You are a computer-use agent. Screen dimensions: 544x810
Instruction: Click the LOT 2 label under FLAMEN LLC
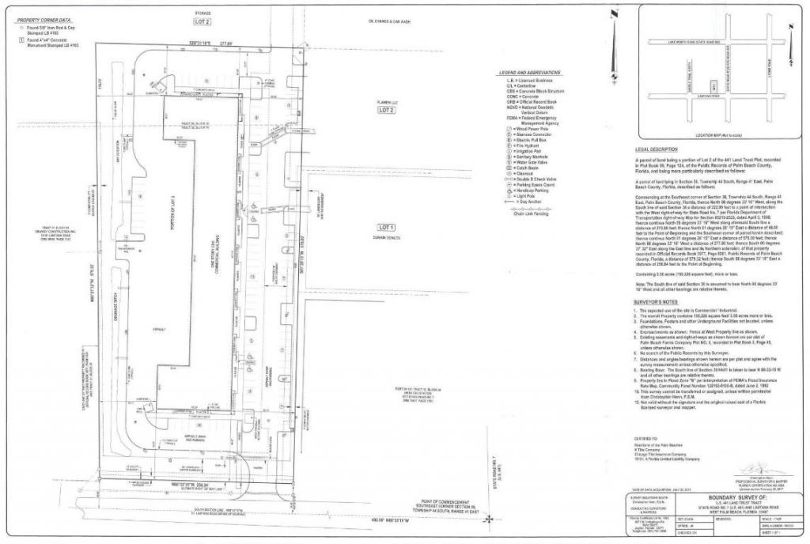387,111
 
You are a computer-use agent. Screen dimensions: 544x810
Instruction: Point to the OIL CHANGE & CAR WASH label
393,21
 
